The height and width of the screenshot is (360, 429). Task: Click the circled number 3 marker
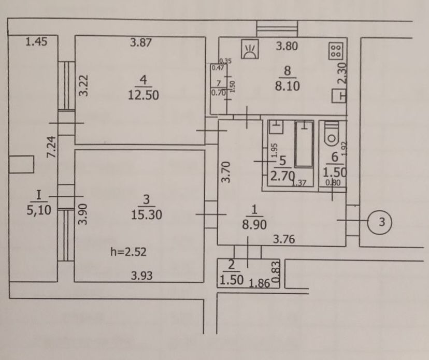(x=379, y=222)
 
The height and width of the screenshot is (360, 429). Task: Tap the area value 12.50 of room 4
(x=144, y=95)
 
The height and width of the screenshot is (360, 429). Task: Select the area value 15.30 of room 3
(x=147, y=215)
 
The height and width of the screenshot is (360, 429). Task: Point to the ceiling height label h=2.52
(x=128, y=252)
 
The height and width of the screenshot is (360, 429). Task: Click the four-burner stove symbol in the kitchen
(x=336, y=51)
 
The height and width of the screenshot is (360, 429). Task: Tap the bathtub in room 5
(x=304, y=144)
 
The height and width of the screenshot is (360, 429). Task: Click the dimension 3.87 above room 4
(x=140, y=42)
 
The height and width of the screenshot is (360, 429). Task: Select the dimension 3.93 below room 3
(x=141, y=276)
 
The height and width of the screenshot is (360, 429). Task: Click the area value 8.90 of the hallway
(x=254, y=225)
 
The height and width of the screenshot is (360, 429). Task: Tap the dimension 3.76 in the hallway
(x=284, y=239)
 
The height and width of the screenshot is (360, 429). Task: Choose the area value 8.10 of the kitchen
(x=287, y=86)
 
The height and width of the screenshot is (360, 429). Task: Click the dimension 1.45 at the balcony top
(x=36, y=41)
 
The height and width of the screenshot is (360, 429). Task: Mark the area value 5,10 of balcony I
(x=39, y=210)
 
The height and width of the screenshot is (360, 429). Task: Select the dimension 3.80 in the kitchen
(x=287, y=46)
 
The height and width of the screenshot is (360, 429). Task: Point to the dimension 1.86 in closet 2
(x=260, y=283)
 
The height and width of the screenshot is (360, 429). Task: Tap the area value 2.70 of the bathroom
(x=282, y=176)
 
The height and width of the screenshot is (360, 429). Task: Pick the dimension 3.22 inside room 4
(x=84, y=85)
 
